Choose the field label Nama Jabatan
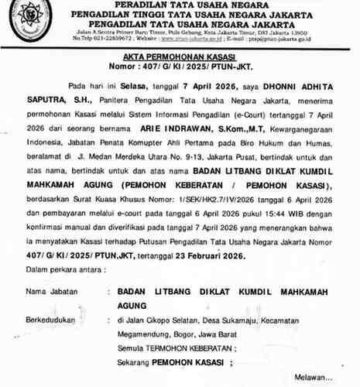[x=51, y=293]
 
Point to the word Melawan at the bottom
[x=317, y=376]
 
